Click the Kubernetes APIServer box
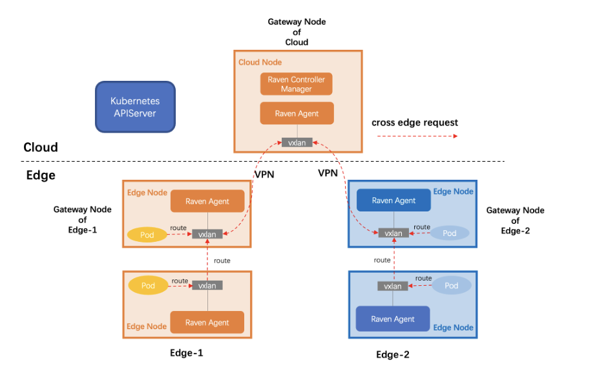pyautogui.click(x=135, y=107)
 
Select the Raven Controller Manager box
pyautogui.click(x=296, y=84)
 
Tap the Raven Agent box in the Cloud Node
pyautogui.click(x=297, y=113)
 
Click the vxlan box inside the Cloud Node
pyautogui.click(x=297, y=143)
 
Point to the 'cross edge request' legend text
pyautogui.click(x=415, y=122)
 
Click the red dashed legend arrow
pyautogui.click(x=417, y=136)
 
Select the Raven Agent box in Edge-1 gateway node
pyautogui.click(x=207, y=201)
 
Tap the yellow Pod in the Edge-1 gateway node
pyautogui.click(x=147, y=235)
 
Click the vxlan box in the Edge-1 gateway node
pyautogui.click(x=207, y=234)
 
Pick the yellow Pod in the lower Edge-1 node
pyautogui.click(x=148, y=285)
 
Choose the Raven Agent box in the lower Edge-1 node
pyautogui.click(x=207, y=322)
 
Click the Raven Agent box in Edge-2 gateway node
pyautogui.click(x=393, y=200)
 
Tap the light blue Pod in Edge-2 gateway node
pyautogui.click(x=449, y=233)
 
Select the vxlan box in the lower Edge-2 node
pyautogui.click(x=393, y=286)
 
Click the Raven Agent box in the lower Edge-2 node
pyautogui.click(x=393, y=319)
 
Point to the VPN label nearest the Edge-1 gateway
pyautogui.click(x=264, y=174)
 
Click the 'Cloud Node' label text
pyautogui.click(x=260, y=62)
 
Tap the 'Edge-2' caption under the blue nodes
pyautogui.click(x=393, y=354)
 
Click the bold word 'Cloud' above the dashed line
pyautogui.click(x=41, y=147)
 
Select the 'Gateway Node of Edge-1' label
pyautogui.click(x=82, y=220)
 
